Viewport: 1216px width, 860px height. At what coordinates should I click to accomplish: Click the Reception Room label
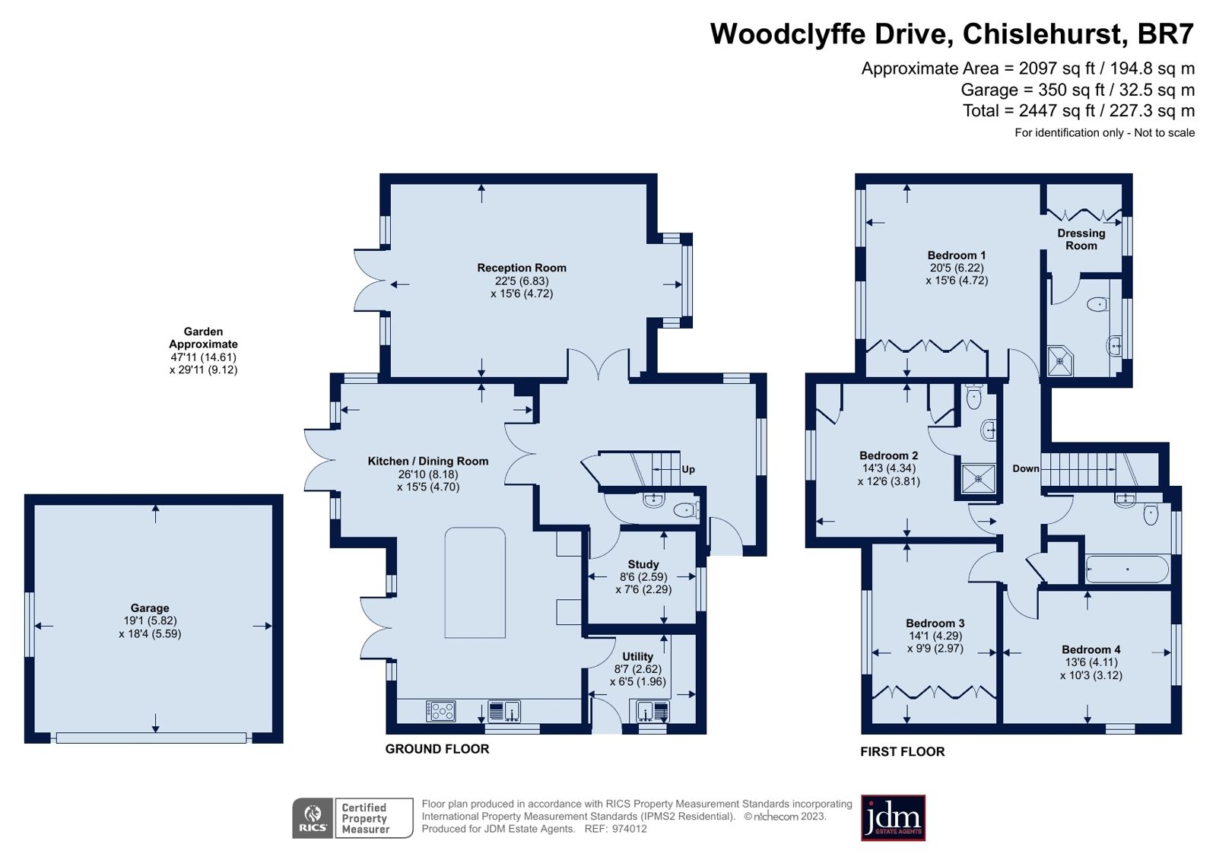coord(522,268)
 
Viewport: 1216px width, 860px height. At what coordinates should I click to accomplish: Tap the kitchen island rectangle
coord(475,582)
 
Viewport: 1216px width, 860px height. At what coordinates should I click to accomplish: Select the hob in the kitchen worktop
coord(441,711)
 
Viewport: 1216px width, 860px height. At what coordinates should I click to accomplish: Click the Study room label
coord(643,564)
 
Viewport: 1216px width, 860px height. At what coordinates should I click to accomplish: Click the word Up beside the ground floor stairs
coord(688,469)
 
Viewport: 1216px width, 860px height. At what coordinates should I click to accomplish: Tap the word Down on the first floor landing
coord(1025,468)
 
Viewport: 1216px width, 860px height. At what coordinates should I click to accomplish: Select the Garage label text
coord(150,608)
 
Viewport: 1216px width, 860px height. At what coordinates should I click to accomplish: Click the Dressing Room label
coord(1081,239)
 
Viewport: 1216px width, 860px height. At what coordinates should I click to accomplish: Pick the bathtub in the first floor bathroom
coord(1127,569)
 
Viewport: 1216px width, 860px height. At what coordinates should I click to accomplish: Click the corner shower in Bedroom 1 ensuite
coord(1060,362)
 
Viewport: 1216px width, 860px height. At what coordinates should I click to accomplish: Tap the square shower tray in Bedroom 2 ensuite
coord(978,478)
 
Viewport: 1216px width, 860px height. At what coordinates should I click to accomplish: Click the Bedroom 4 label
coord(1091,649)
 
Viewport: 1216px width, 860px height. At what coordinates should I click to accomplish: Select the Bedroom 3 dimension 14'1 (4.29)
coord(935,636)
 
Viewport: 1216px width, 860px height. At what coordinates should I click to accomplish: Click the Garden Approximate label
coord(203,338)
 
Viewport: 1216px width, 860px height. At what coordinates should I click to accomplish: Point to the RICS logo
coord(313,818)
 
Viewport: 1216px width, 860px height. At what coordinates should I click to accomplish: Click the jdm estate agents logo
coord(893,818)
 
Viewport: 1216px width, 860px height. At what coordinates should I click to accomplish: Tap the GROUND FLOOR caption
coord(437,749)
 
